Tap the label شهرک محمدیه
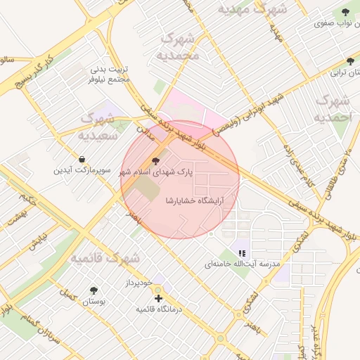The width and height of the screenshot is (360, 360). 179,46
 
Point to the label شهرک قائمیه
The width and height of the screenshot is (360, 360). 106,258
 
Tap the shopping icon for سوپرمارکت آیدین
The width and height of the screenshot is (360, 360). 83,159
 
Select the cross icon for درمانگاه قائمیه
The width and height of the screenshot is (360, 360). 158,298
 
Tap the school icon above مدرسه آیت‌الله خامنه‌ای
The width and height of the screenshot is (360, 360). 242,253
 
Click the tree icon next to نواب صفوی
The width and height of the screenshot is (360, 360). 345,12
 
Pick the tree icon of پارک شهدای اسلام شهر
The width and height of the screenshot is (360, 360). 155,160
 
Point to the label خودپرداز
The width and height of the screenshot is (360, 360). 136,283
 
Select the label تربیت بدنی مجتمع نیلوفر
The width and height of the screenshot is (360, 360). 110,75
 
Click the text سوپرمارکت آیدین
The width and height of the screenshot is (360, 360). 83,171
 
